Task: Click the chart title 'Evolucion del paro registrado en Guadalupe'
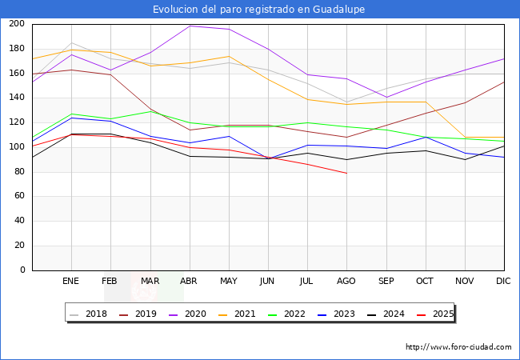tap(260, 10)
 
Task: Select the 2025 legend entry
tap(439, 314)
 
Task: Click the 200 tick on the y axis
tap(18, 24)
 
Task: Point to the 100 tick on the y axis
tap(18, 147)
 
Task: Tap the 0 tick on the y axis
tap(22, 270)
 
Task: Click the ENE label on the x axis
tap(71, 281)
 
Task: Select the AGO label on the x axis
tap(346, 281)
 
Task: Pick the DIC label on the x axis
tap(503, 281)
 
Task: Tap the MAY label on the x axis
tap(229, 281)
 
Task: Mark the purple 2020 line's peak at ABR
tap(190, 26)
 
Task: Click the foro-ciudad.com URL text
tap(458, 347)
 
